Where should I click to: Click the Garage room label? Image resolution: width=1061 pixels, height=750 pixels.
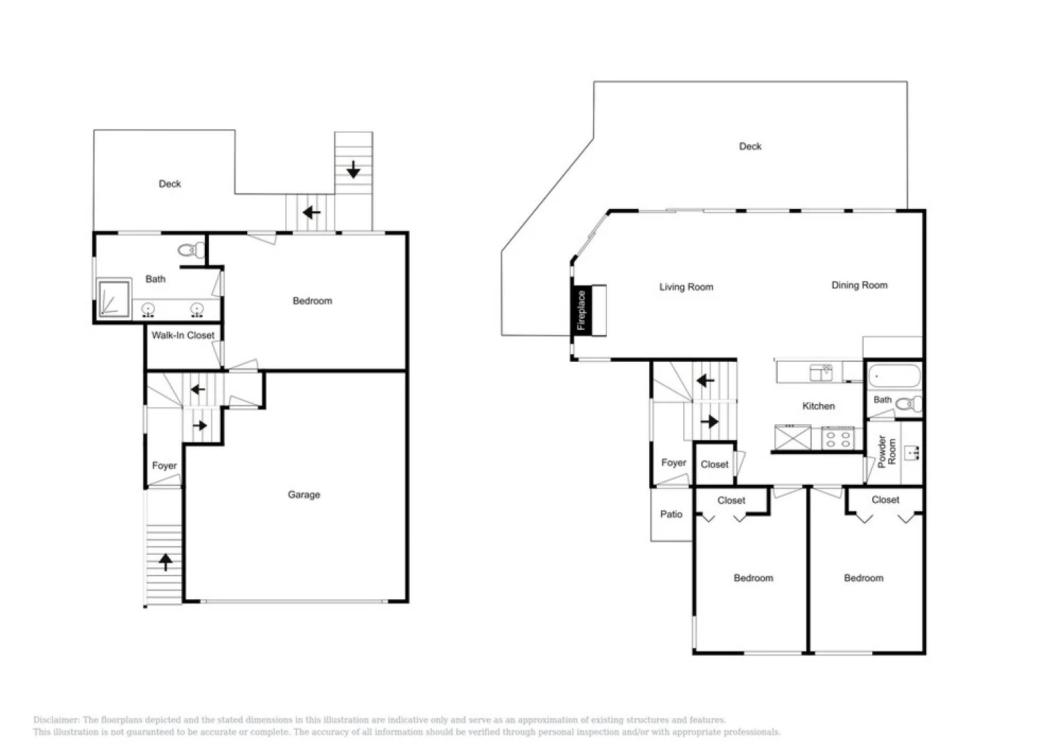[x=303, y=494]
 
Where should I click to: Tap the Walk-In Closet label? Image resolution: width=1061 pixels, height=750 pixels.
[x=183, y=335]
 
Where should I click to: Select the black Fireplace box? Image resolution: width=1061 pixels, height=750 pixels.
[x=582, y=310]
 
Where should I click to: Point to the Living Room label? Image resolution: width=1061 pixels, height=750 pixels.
[x=686, y=287]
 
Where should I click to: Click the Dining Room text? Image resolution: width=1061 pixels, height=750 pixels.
[x=859, y=285]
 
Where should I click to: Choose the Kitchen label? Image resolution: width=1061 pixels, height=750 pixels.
[x=818, y=406]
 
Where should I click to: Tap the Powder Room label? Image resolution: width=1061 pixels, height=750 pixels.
[x=887, y=451]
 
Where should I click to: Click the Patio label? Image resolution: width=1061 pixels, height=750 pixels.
[x=671, y=514]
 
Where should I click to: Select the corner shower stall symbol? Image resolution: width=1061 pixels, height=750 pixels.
[x=113, y=299]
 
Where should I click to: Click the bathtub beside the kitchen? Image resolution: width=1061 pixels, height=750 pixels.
[x=894, y=377]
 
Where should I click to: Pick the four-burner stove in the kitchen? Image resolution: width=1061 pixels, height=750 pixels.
[x=837, y=439]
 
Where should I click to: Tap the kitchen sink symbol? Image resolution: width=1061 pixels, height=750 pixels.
[x=821, y=372]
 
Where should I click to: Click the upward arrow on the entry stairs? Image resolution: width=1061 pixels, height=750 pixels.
[x=165, y=561]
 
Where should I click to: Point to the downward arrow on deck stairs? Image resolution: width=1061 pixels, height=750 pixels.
[x=353, y=169]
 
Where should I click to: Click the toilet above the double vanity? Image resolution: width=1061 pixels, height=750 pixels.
[x=191, y=249]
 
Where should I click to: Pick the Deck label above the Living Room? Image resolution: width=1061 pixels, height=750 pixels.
[x=750, y=146]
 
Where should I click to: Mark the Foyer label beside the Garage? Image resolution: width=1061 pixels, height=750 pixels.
[x=164, y=465]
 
